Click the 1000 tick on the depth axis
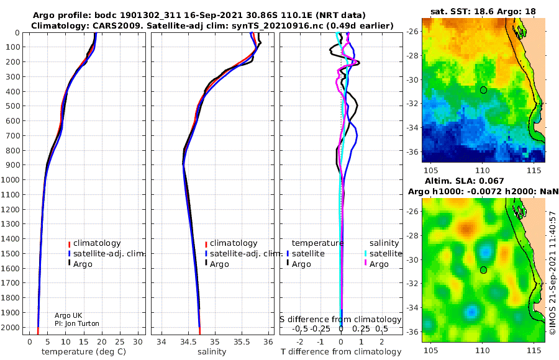click(x=11, y=179)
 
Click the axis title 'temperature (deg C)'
click(x=84, y=352)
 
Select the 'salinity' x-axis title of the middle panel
click(x=212, y=352)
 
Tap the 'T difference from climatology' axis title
click(x=341, y=352)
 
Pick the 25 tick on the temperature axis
click(x=120, y=342)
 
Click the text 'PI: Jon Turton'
click(x=77, y=323)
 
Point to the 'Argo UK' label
click(x=68, y=315)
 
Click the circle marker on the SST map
click(x=483, y=90)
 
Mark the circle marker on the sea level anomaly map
click(x=483, y=270)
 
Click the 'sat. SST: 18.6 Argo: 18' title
click(x=483, y=11)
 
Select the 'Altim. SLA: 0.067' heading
click(x=464, y=181)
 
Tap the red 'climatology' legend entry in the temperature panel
click(x=94, y=243)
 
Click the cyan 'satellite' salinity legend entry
click(x=383, y=253)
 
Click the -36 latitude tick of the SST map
click(x=412, y=151)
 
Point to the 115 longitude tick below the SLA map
click(x=534, y=350)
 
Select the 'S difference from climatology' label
click(x=341, y=320)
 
